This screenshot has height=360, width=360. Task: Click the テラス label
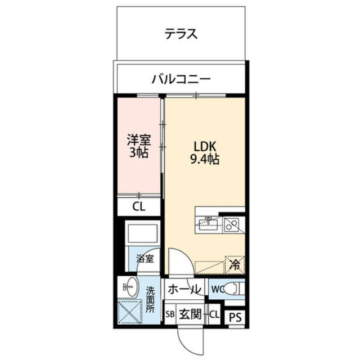point(181,34)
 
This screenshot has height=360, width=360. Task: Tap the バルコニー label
point(181,78)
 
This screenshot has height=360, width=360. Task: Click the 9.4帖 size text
point(203,159)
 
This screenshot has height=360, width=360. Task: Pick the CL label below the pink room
point(138,206)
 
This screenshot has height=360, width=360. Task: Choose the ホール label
point(184,290)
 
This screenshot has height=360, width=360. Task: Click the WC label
point(217,290)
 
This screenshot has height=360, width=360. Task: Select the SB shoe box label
point(170,315)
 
